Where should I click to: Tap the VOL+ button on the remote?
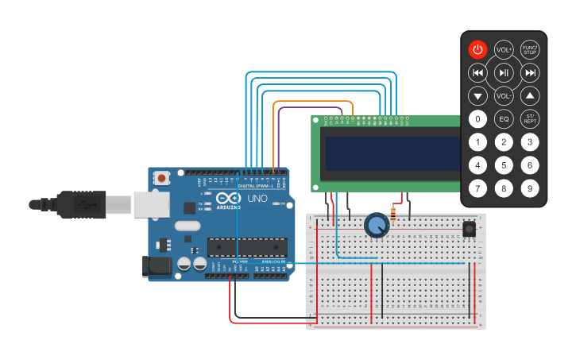coord(504,49)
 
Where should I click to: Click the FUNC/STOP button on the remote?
coord(530,49)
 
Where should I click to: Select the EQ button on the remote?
coord(504,119)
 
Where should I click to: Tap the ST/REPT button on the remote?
coord(530,119)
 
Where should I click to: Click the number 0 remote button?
coord(477,119)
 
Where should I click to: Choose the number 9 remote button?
coord(530,188)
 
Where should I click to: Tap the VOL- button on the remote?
coord(504,96)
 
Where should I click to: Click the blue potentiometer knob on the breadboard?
coord(377,226)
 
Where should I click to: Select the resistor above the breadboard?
coord(392,212)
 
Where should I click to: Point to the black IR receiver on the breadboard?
coord(470,229)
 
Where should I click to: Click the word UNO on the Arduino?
coord(257,198)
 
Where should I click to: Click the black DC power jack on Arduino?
coord(157,267)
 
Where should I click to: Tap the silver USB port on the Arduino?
coord(151,203)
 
